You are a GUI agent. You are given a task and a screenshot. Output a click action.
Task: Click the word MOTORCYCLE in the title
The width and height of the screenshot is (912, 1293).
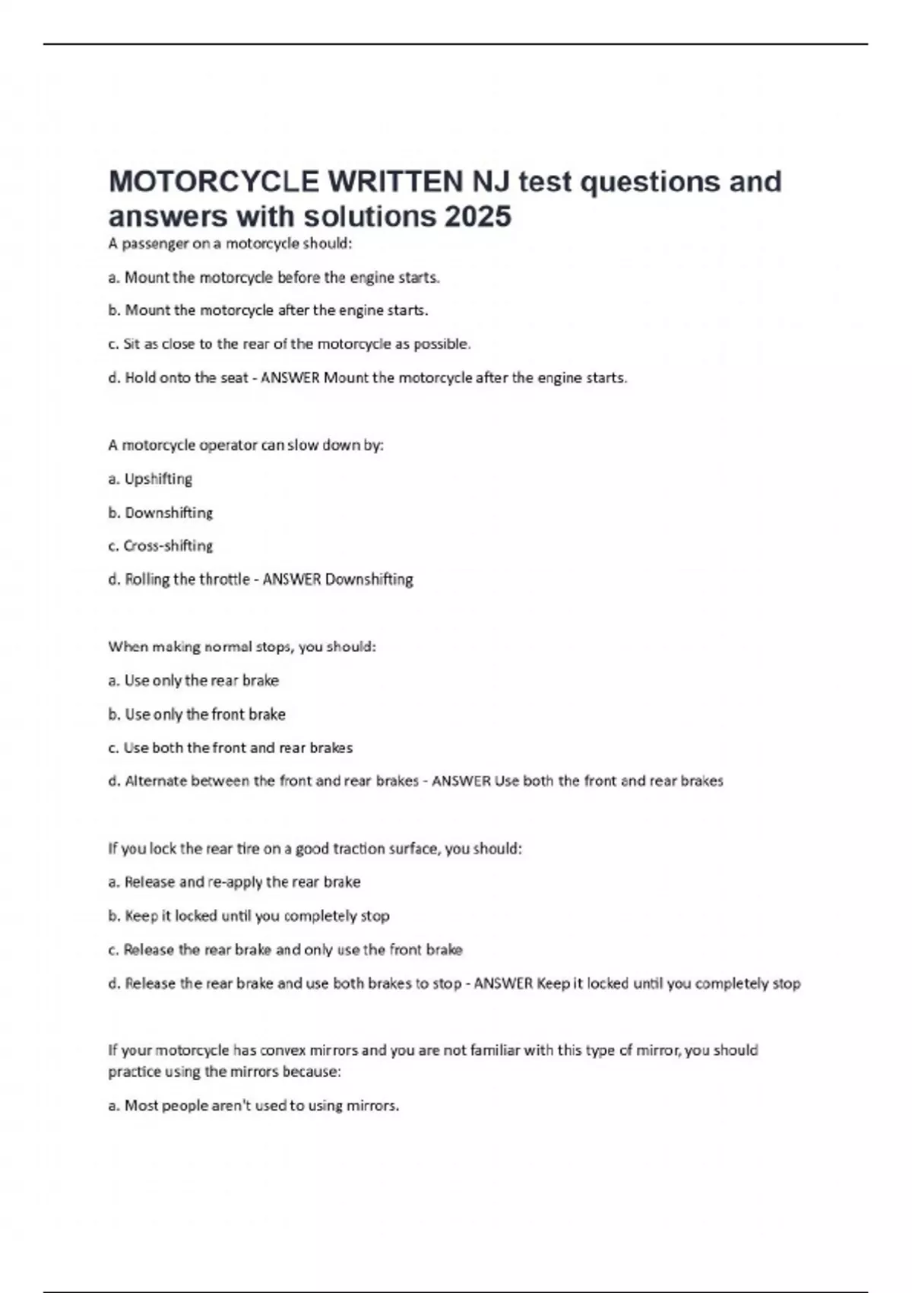(x=214, y=182)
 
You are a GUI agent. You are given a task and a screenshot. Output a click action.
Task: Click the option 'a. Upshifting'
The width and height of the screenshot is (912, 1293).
(x=150, y=479)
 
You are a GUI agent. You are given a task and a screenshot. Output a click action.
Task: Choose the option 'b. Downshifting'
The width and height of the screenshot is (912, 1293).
(x=160, y=513)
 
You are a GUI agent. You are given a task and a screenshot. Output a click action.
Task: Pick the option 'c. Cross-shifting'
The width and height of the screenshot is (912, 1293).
(x=160, y=546)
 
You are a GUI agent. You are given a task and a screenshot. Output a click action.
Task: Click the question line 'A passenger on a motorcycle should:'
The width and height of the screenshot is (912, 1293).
(x=230, y=244)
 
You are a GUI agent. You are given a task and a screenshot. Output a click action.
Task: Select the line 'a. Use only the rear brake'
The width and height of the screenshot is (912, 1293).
(x=194, y=681)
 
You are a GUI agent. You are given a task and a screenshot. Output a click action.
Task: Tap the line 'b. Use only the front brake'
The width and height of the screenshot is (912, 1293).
(x=197, y=714)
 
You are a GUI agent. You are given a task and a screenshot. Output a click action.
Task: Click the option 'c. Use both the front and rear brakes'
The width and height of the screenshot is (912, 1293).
(x=230, y=748)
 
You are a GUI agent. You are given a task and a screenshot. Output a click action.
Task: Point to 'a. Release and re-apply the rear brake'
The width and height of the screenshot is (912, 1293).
(x=234, y=882)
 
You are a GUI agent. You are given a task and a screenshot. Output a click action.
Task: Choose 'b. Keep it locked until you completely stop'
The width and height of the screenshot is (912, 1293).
(x=249, y=916)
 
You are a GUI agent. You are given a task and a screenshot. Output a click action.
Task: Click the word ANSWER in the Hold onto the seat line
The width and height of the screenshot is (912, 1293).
(x=290, y=378)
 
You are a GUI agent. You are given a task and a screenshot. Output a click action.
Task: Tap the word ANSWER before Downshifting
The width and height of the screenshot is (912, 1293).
(x=291, y=580)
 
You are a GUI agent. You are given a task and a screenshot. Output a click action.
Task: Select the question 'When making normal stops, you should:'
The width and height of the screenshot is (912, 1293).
(x=242, y=647)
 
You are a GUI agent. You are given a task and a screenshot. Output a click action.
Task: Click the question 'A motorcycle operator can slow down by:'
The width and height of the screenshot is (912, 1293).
(x=245, y=446)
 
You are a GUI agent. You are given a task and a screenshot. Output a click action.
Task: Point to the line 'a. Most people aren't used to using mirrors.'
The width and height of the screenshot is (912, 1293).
(x=253, y=1106)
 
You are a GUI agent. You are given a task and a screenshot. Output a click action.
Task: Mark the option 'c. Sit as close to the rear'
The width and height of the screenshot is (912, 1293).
(x=290, y=345)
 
